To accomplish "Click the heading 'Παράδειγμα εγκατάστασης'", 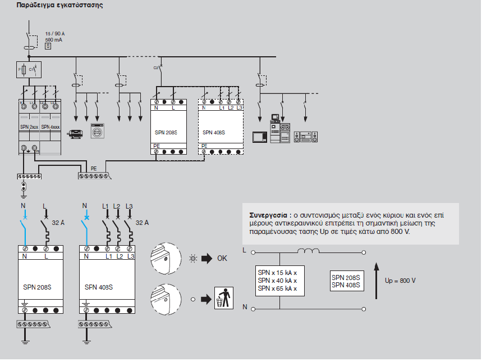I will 52,5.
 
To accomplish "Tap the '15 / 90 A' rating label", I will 55,34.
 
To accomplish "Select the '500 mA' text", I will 53,40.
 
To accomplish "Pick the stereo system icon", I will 305,136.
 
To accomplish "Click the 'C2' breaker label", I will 156,67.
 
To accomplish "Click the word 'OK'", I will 222,259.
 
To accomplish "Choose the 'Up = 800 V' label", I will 401,280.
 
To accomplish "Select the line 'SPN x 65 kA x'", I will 277,289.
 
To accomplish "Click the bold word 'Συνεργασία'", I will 269,215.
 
